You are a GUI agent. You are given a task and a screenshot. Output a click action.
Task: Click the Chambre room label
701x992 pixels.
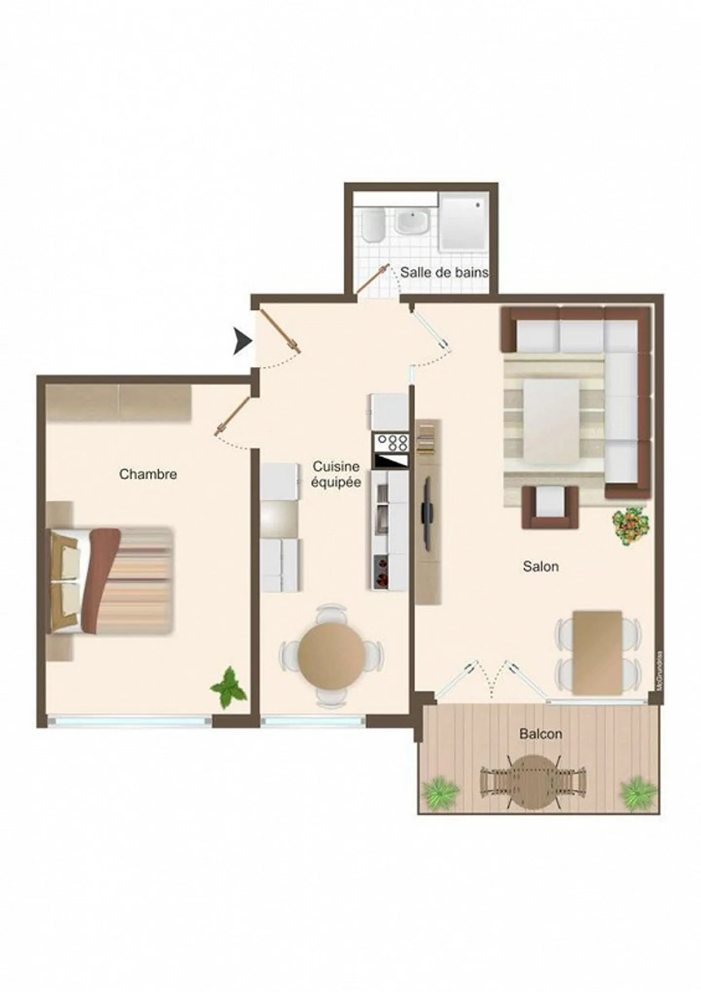148,474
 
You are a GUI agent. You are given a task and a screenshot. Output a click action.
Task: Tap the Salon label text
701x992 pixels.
540,566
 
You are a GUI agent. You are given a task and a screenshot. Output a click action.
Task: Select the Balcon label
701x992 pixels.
540,734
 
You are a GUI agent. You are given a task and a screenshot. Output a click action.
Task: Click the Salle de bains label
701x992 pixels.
444,272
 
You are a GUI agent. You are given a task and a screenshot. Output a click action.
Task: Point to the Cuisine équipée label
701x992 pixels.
336,474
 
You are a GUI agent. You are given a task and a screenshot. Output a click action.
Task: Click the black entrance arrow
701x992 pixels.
241,341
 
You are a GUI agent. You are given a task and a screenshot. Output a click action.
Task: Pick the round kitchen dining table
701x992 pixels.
331,654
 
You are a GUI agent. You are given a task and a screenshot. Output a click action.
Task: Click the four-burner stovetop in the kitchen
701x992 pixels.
390,443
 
